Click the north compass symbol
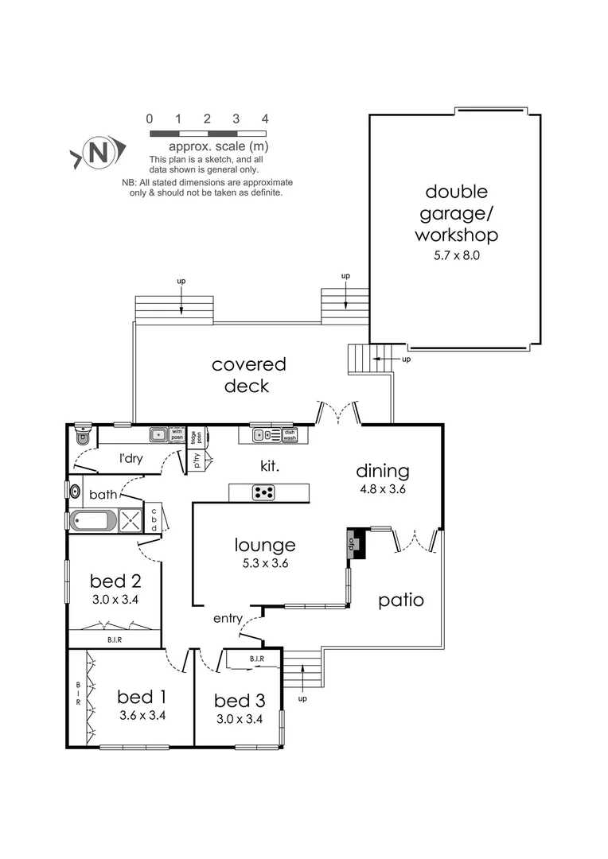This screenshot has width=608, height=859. (98, 152)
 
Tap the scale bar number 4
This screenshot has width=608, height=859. (265, 119)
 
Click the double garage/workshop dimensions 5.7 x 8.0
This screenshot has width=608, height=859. (456, 256)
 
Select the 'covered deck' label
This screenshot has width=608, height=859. (248, 375)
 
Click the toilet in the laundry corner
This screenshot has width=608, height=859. (82, 435)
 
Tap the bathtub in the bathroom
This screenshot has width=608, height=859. (93, 522)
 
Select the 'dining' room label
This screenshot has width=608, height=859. (382, 471)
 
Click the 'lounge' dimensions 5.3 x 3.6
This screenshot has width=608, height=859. (265, 563)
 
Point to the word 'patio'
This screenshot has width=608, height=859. (399, 600)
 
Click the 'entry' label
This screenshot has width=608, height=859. (228, 618)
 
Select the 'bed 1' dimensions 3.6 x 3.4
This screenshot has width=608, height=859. (142, 715)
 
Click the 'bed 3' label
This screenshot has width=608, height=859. (239, 701)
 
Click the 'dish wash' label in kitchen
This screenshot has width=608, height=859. (290, 435)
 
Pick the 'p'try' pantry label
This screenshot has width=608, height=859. (197, 461)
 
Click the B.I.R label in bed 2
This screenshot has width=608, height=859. (115, 639)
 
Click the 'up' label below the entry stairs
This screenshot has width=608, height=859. (302, 698)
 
